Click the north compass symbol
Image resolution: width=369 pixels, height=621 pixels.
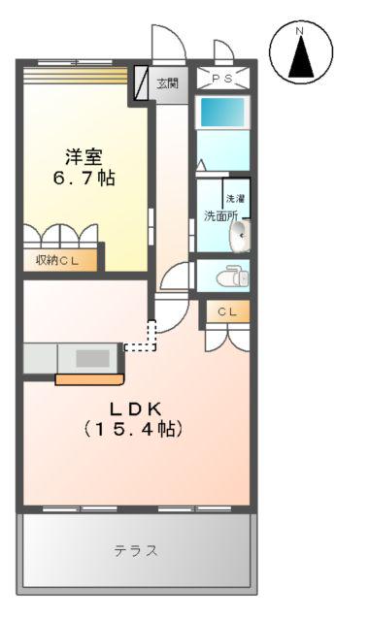[301, 52]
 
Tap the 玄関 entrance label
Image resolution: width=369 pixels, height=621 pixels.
[168, 82]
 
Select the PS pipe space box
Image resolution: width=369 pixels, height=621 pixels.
[223, 79]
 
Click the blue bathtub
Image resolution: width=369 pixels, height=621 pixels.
[223, 113]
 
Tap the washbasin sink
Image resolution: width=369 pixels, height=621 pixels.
[240, 235]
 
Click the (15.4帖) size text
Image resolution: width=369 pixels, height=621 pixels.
[134, 428]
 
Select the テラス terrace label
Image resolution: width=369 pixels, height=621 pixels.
[136, 550]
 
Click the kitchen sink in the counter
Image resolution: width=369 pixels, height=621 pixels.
[92, 357]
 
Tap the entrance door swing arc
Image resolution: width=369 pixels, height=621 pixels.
[166, 43]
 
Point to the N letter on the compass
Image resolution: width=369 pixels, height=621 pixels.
[301, 33]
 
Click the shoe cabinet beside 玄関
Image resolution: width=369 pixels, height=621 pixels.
[141, 83]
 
